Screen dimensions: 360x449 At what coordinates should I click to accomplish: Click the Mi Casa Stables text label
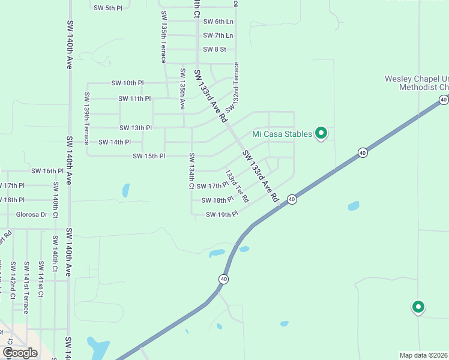[x=282, y=134]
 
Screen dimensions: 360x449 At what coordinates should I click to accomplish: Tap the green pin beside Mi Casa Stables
[x=321, y=133]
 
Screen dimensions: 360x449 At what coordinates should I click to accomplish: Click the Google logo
[x=20, y=353]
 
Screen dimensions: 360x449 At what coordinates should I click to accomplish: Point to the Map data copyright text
[x=424, y=355]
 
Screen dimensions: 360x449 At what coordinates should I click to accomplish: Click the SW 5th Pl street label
[x=107, y=8]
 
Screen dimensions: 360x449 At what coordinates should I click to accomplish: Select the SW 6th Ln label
[x=218, y=22]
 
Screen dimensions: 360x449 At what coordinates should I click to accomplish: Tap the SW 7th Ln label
[x=218, y=36]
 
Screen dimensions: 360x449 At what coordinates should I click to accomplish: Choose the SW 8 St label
[x=214, y=50]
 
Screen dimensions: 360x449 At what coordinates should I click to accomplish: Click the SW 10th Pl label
[x=127, y=83]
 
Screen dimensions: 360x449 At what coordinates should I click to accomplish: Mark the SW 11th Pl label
[x=134, y=98]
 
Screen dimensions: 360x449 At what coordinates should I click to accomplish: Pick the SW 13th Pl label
[x=135, y=128]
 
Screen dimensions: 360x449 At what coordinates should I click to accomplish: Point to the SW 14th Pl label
[x=114, y=142]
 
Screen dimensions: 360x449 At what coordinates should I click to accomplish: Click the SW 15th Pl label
[x=148, y=156]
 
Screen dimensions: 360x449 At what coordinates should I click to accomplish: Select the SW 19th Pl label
[x=222, y=214]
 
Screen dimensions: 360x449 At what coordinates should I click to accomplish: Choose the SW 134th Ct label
[x=191, y=171]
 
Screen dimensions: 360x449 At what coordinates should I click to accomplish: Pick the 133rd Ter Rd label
[x=237, y=186]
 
